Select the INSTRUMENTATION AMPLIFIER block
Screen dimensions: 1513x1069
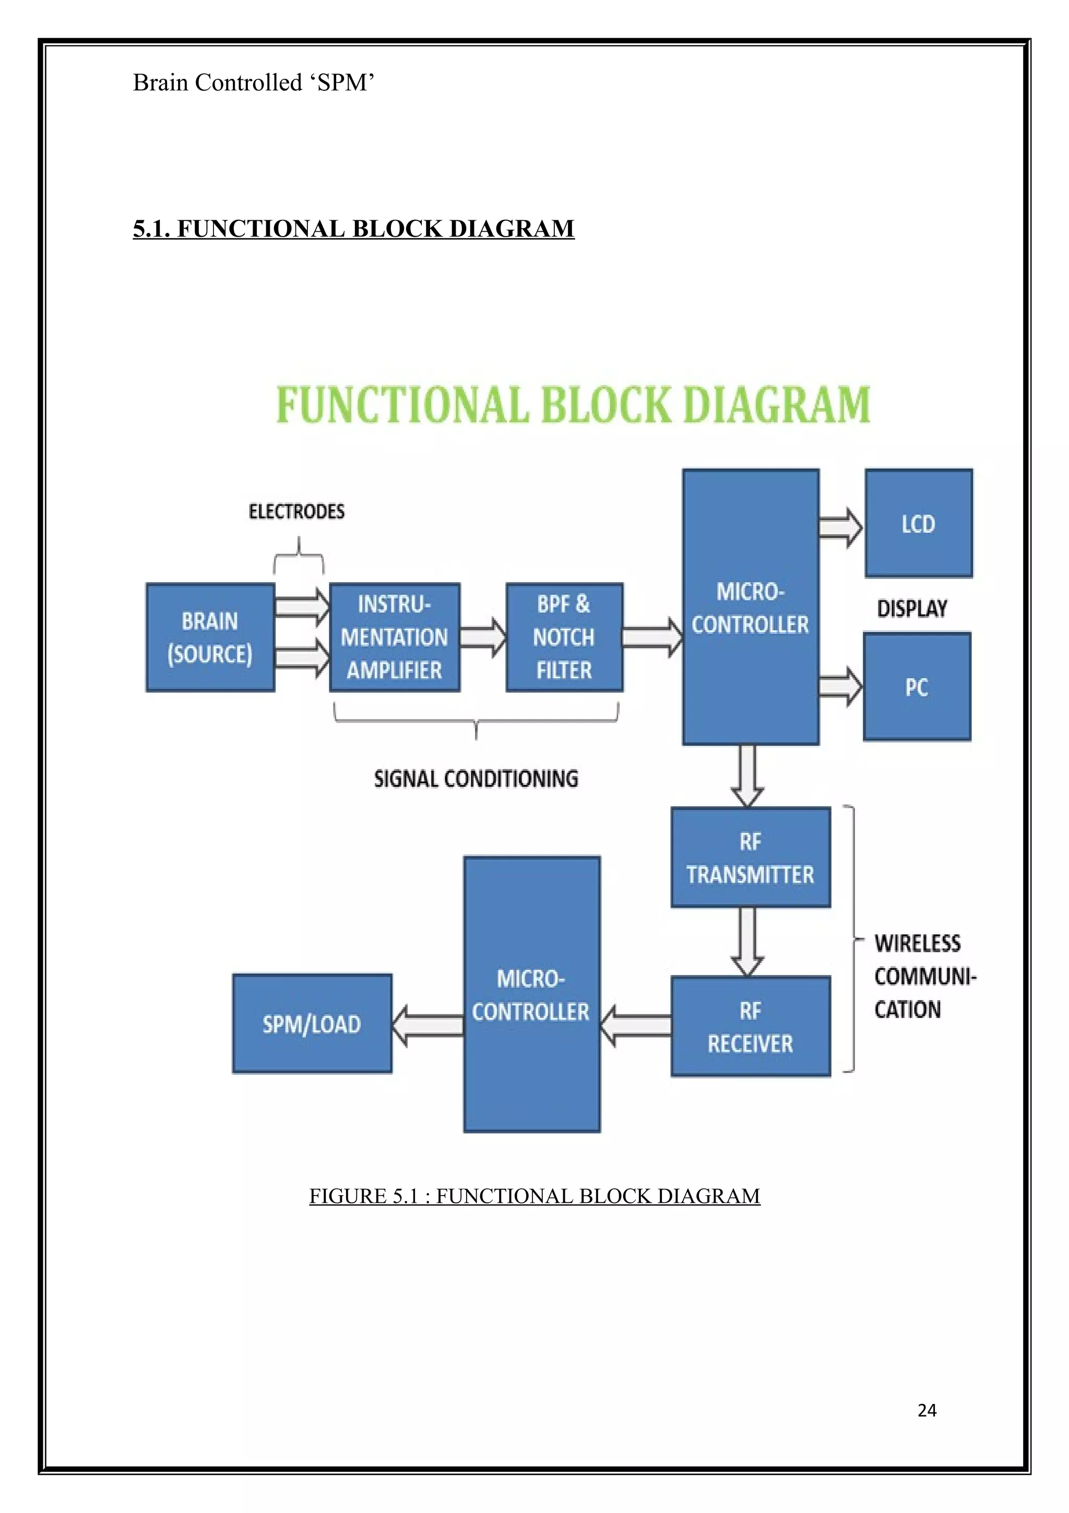coord(395,637)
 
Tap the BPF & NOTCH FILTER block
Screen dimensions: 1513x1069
coord(564,637)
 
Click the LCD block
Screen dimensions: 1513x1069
coord(918,523)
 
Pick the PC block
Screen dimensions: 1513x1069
coord(917,687)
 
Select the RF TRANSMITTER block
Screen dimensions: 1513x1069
coord(750,857)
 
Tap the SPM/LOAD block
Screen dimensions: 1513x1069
coord(312,1023)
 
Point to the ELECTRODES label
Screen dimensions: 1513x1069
coord(296,511)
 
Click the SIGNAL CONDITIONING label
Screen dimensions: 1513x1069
coord(476,779)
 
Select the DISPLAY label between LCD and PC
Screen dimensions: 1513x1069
coord(912,608)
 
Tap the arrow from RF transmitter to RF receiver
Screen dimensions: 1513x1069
coord(747,941)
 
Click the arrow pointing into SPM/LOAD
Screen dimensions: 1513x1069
coord(428,1025)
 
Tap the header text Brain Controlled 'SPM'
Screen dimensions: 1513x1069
coord(254,83)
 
